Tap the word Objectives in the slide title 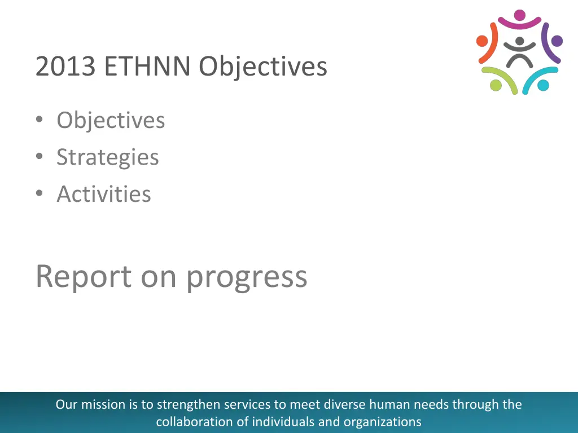(262, 67)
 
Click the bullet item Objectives (111, 120)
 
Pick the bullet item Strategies (107, 157)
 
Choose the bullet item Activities (104, 194)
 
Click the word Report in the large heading (84, 276)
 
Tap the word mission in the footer (99, 404)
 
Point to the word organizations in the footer (382, 421)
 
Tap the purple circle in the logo (557, 41)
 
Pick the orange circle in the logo (482, 41)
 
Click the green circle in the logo (496, 85)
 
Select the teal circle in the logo (543, 85)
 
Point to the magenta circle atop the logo (519, 15)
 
